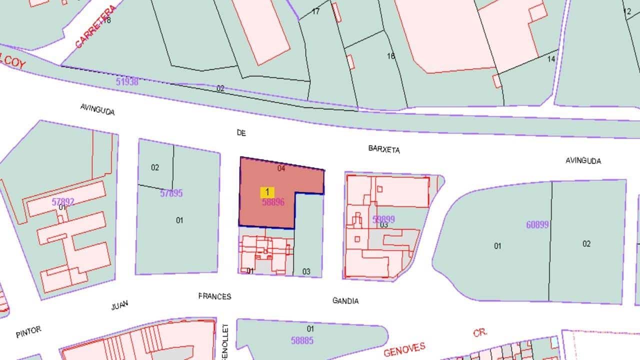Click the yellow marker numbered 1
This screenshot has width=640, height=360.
point(267,192)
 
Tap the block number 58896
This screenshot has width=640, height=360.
point(273,202)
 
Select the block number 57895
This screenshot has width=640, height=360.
point(171,193)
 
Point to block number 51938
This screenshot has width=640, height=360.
point(127,81)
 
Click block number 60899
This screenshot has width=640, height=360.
point(537,225)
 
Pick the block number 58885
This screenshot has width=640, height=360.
point(302,340)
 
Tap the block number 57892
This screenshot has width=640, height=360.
point(63,202)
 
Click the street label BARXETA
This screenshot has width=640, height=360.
point(384,149)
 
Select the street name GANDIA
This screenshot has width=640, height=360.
point(345,300)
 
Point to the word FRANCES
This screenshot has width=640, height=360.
point(214,296)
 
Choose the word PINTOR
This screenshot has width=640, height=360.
point(28,332)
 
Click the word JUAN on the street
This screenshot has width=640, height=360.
point(120,305)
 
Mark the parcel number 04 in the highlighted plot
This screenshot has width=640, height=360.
point(281,168)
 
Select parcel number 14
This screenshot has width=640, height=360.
point(551,59)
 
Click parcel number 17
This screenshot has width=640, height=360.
point(315,11)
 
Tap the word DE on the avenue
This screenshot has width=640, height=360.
point(241,132)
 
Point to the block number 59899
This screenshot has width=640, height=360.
point(383,219)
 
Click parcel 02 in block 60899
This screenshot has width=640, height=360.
point(586,243)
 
